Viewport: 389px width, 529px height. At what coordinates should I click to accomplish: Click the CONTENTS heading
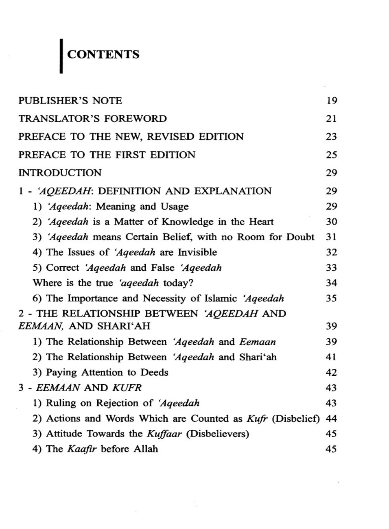point(103,54)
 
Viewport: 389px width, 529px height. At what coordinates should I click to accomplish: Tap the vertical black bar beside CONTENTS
point(61,56)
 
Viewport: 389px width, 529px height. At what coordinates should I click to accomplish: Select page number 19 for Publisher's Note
point(331,101)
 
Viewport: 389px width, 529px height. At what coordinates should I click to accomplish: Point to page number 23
point(331,137)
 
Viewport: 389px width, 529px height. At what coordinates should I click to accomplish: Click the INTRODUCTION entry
point(60,173)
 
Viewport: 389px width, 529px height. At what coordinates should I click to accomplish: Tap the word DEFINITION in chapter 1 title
point(130,191)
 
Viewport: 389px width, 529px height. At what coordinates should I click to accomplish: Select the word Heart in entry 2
point(261,222)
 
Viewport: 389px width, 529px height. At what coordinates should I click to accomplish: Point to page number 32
point(331,252)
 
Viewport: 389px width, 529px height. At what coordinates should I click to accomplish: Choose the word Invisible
point(197,252)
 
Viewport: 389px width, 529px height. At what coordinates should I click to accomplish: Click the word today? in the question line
point(178,283)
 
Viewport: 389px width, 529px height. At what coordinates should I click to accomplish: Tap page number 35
point(331,298)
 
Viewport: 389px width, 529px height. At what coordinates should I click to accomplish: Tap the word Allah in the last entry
point(146,449)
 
